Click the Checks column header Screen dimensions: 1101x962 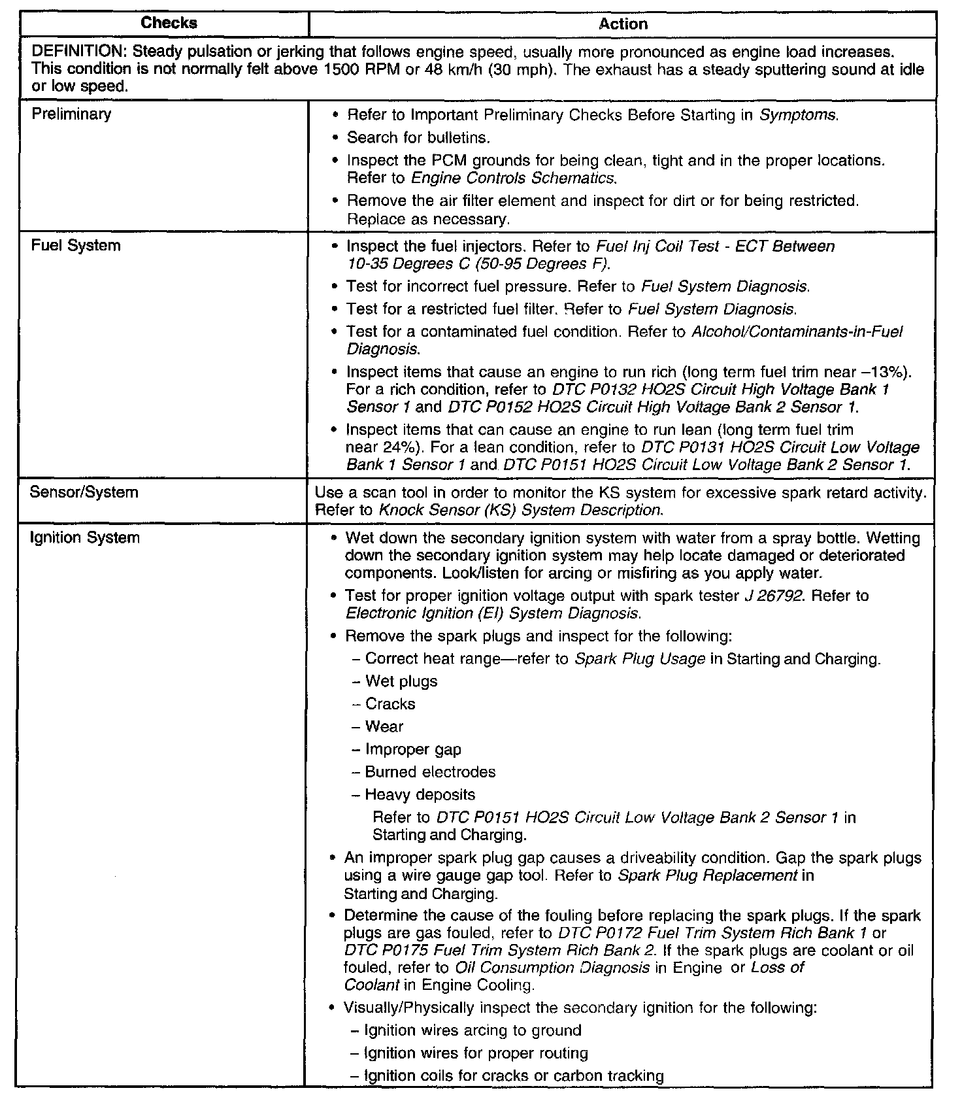(x=169, y=24)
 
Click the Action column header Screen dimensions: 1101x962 (x=623, y=24)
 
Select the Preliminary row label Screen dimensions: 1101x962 (x=71, y=114)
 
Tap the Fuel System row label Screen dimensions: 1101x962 (x=76, y=246)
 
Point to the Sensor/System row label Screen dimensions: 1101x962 (x=84, y=492)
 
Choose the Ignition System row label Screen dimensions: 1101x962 (x=85, y=538)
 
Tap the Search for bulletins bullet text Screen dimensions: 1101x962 (x=418, y=138)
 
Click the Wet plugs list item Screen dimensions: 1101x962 (x=401, y=682)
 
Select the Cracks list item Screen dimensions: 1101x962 (x=390, y=704)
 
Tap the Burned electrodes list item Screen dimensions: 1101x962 (x=430, y=772)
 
